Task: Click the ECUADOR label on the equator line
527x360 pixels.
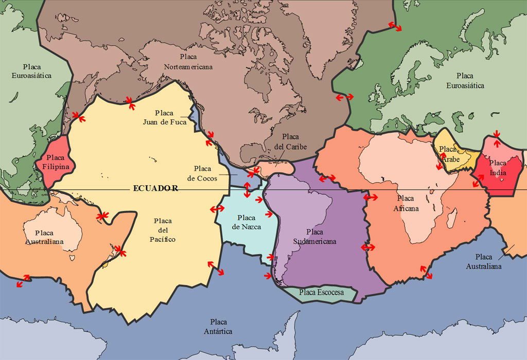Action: pos(155,188)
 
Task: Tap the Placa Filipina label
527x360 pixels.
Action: pos(55,162)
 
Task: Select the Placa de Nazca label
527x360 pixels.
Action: pos(246,222)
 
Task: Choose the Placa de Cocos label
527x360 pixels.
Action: pos(199,173)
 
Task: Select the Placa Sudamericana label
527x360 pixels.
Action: pos(314,237)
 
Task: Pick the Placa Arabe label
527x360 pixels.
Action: pos(448,154)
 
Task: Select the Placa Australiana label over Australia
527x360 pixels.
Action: pos(46,237)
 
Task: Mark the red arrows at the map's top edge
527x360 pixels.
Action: pos(395,26)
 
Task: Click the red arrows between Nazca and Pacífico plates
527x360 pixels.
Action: pos(217,209)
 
